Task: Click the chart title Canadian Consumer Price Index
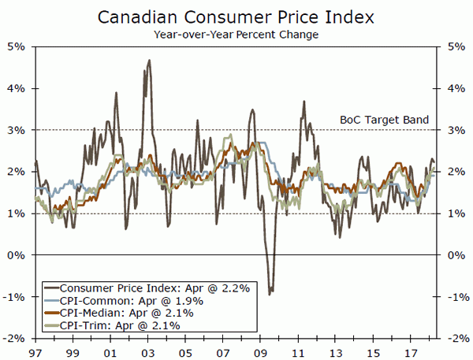(236, 17)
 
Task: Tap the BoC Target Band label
(384, 121)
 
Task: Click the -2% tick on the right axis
(456, 339)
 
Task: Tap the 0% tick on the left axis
(17, 255)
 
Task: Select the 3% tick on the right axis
(455, 130)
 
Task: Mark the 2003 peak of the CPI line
(149, 60)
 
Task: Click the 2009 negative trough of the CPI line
(270, 294)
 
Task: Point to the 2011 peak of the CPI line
(303, 102)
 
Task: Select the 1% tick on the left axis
(17, 213)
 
